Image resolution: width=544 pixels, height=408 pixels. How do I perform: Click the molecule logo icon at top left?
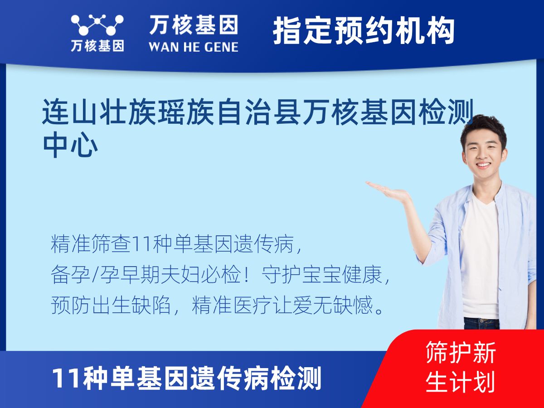[97, 25]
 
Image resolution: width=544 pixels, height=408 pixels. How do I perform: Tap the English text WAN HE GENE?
[194, 47]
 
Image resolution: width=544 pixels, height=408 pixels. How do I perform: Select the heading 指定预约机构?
[364, 31]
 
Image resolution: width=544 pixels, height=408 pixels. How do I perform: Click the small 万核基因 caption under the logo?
[97, 46]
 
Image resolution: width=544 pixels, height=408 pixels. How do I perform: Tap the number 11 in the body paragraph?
[142, 244]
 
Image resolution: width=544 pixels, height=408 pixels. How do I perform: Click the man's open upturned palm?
[387, 190]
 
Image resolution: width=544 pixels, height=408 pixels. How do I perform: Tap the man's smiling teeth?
[483, 165]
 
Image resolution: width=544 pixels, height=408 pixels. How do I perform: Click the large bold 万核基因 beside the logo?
[194, 25]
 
